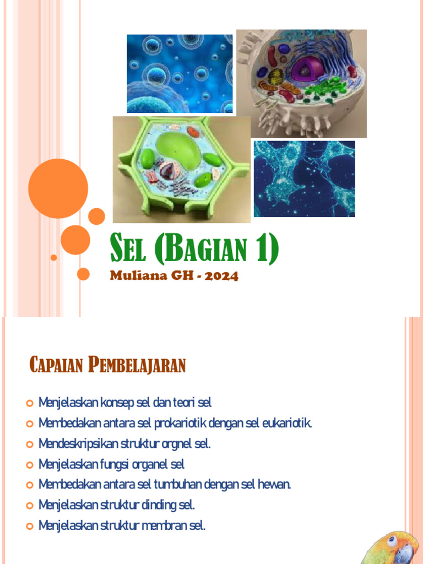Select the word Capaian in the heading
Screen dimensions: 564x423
[x=53, y=365]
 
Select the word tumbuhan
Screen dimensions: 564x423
[x=177, y=485]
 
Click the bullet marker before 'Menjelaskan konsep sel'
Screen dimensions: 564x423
[x=30, y=404]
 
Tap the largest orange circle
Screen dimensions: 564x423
[x=58, y=188]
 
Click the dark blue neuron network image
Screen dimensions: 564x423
[x=304, y=178]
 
